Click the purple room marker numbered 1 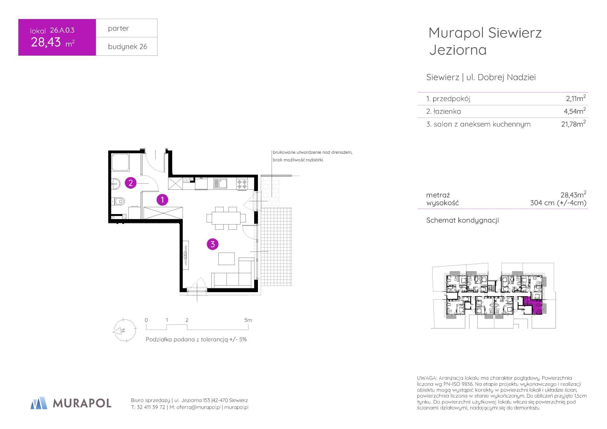162,200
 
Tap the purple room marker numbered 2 131,183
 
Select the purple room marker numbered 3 213,244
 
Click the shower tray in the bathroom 120,162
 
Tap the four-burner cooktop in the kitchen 242,184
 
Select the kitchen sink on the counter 220,183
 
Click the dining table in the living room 226,218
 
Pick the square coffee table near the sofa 226,259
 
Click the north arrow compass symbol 124,331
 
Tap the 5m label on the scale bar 248,320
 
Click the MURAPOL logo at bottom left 71,403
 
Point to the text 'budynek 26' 128,47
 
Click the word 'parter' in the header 118,29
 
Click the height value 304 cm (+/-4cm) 558,203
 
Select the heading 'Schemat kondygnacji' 462,221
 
